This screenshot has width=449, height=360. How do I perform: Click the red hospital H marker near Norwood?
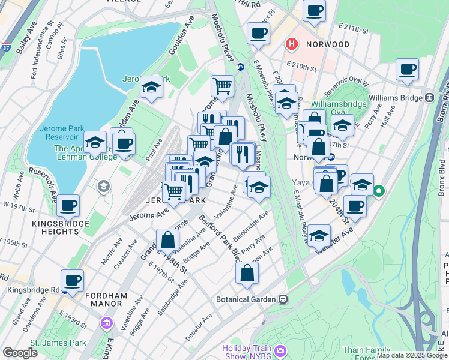pyautogui.click(x=292, y=44)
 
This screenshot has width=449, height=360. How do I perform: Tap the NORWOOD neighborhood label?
pyautogui.click(x=327, y=44)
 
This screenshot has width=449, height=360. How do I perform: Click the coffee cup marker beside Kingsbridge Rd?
pyautogui.click(x=72, y=280)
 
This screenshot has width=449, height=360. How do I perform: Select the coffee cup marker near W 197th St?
pyautogui.click(x=68, y=205)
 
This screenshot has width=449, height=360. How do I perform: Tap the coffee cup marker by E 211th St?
pyautogui.click(x=313, y=10)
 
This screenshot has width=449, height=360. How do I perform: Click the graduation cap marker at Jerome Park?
pyautogui.click(x=152, y=87)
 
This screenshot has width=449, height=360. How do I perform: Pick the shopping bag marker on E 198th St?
pyautogui.click(x=168, y=240)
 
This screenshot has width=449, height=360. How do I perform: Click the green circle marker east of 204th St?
pyautogui.click(x=379, y=192)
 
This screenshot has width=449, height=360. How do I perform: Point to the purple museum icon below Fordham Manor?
pyautogui.click(x=107, y=324)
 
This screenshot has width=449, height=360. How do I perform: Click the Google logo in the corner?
pyautogui.click(x=20, y=353)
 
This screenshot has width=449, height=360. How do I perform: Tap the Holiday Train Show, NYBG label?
pyautogui.click(x=249, y=352)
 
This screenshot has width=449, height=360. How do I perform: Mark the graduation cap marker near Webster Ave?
pyautogui.click(x=319, y=235)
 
